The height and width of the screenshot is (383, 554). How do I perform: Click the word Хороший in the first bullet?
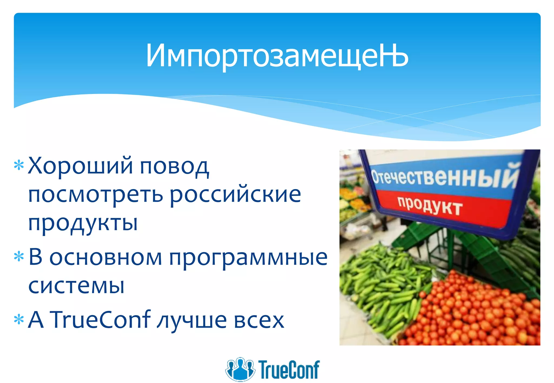click(x=80, y=165)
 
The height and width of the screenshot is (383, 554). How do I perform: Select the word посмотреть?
click(x=96, y=195)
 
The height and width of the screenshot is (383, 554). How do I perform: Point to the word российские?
click(x=235, y=195)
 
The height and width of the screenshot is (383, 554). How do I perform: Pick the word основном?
click(x=105, y=257)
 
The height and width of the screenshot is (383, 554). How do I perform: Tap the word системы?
click(x=76, y=286)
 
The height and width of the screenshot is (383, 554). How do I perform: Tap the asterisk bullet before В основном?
click(x=19, y=257)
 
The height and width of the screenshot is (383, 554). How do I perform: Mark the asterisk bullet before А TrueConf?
click(x=19, y=319)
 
